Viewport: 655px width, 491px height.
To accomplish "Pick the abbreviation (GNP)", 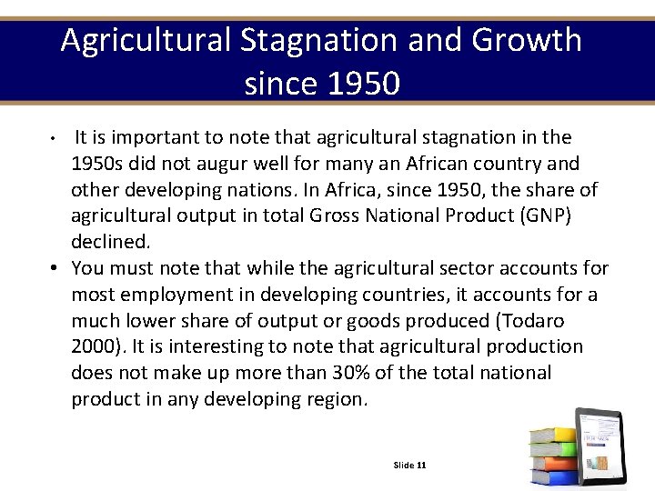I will pyautogui.click(x=541, y=216).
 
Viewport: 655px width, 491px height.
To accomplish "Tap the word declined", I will pyautogui.click(x=110, y=243).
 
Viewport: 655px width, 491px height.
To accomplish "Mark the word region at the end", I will pyautogui.click(x=335, y=399).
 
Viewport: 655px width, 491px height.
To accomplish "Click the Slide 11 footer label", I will pyautogui.click(x=409, y=466).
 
